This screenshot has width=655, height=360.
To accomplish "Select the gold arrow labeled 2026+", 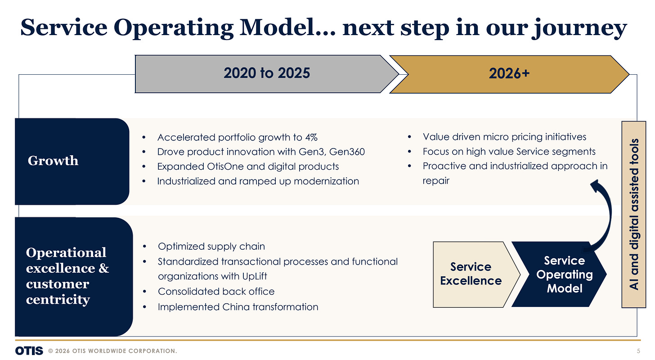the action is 509,74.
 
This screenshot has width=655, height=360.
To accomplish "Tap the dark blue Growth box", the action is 72,162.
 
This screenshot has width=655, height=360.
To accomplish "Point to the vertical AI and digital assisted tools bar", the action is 634,214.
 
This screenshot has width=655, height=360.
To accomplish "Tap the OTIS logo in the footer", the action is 29,351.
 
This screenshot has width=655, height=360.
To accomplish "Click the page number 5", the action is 639,351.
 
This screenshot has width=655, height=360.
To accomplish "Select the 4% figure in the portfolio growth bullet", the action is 311,137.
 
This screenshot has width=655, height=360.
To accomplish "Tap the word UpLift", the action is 255,276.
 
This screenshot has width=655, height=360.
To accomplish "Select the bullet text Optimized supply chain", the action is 211,247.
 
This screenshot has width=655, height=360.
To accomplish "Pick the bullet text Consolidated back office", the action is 216,292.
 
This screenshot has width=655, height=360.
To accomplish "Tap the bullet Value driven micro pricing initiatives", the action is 504,137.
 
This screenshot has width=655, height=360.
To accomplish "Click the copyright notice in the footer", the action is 112,351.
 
